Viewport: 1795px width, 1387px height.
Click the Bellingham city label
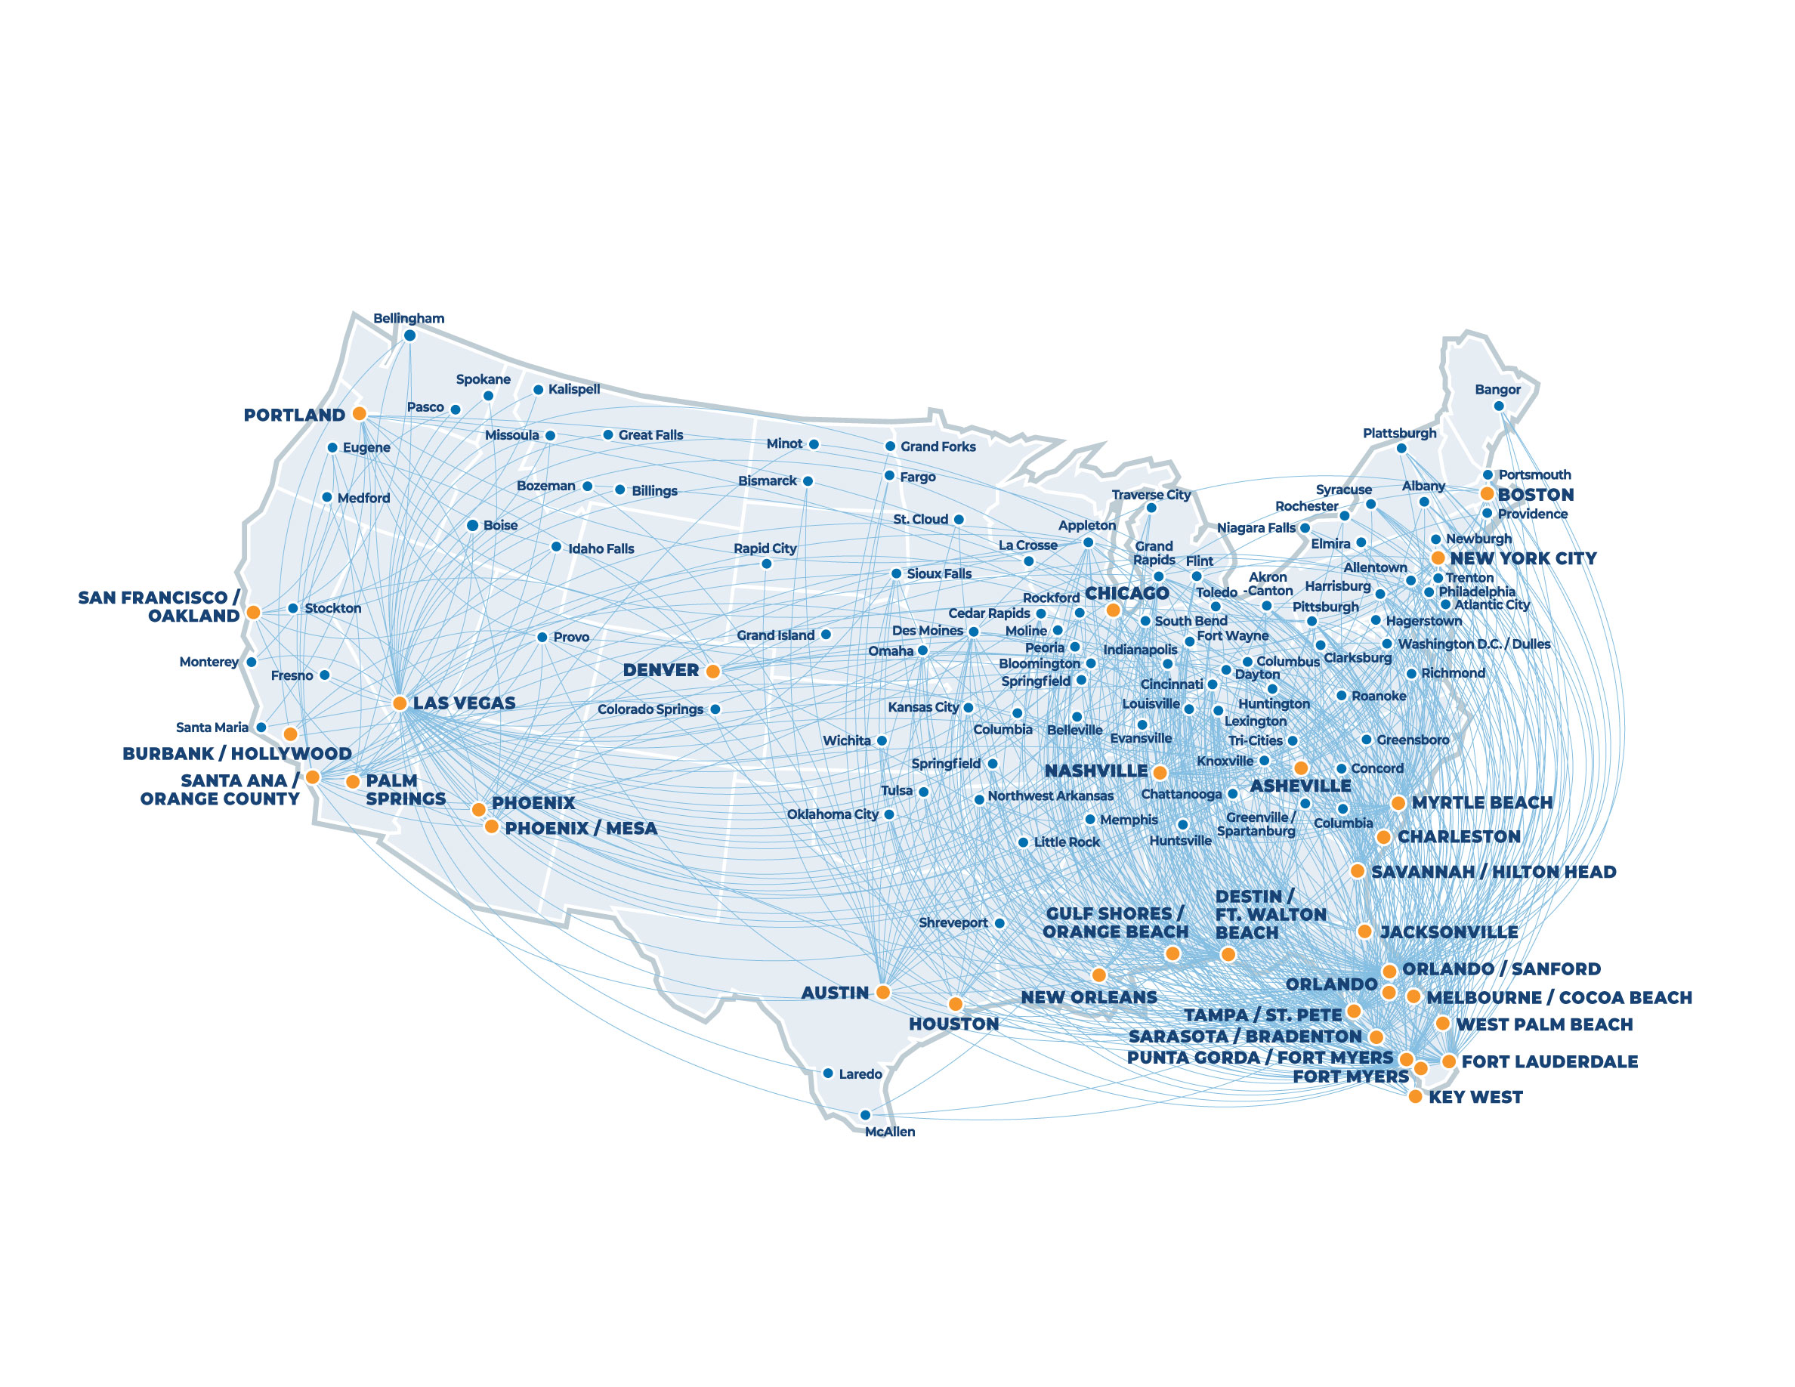tap(409, 318)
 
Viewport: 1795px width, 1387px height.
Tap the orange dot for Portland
tap(359, 413)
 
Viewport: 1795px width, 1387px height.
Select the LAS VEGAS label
tap(465, 703)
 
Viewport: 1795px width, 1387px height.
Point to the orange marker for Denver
tap(713, 672)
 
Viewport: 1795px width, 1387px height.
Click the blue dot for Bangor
tap(1498, 406)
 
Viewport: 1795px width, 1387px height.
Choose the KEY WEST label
tap(1475, 1097)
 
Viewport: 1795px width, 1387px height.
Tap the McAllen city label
tap(889, 1132)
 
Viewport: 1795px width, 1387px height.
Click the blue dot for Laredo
tap(829, 1073)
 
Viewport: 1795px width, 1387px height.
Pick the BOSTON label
tap(1535, 495)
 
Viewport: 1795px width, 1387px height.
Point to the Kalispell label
tap(573, 388)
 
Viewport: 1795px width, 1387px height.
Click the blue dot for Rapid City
tap(767, 564)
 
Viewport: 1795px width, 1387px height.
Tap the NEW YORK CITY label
tap(1523, 559)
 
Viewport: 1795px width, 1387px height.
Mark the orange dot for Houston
tap(955, 1004)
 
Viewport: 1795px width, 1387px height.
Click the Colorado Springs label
tap(650, 709)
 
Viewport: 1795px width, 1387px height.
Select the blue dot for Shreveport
tap(999, 922)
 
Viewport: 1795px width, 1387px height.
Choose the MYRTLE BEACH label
tap(1482, 803)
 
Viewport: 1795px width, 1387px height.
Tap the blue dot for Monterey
tap(252, 663)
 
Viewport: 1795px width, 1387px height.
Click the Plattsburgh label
tap(1400, 433)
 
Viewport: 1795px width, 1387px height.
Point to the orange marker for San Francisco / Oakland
tap(254, 612)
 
